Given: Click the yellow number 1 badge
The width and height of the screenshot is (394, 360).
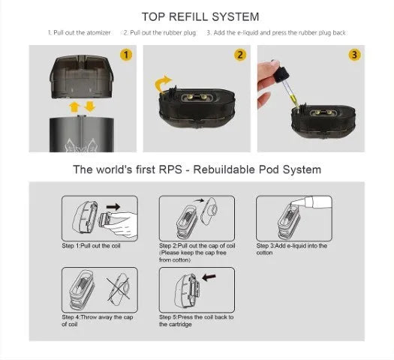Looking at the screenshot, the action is [126, 55].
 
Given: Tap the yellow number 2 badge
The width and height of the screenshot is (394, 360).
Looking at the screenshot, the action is [240, 55].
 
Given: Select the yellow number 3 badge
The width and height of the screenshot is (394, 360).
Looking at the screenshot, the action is [354, 55].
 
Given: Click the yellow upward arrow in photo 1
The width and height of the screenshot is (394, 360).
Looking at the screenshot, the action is [74, 107].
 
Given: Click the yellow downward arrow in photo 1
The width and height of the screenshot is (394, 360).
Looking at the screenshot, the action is [90, 106].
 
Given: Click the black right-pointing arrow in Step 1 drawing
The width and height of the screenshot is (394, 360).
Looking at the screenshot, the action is [113, 207].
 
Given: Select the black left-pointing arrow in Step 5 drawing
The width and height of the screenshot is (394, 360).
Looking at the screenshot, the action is [209, 277].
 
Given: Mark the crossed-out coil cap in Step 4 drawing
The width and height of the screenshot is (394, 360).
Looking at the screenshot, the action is [119, 289].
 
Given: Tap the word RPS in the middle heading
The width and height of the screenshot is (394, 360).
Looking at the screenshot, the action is [170, 169].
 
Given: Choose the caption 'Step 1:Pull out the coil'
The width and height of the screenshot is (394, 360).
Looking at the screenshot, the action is [92, 245].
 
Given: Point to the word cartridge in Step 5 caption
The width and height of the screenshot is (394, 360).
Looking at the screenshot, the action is [180, 324].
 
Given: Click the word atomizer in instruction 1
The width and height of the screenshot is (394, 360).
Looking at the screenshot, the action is [98, 33].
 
